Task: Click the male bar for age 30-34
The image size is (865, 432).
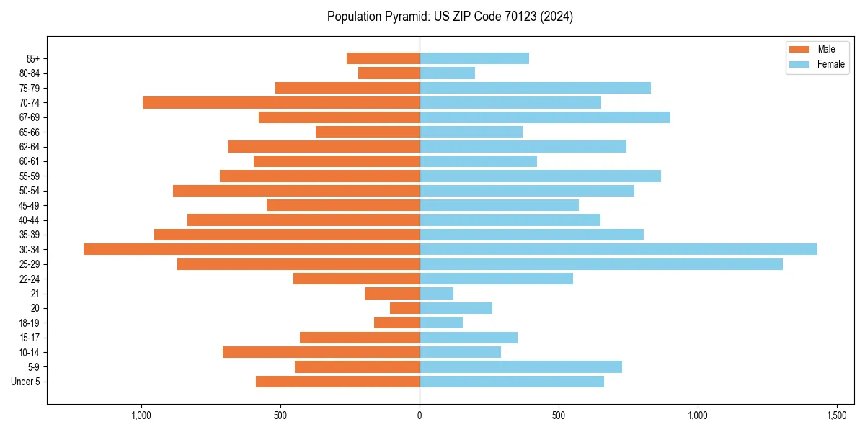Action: pyautogui.click(x=252, y=249)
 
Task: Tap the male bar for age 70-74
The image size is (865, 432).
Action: pyautogui.click(x=281, y=102)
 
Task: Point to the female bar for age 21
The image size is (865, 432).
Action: pyautogui.click(x=436, y=293)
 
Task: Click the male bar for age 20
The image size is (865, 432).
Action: pyautogui.click(x=404, y=308)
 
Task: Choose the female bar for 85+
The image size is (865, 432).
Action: pyautogui.click(x=474, y=58)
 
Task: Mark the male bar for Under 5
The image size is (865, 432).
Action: pyautogui.click(x=337, y=382)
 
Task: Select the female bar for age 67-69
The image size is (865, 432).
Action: pyautogui.click(x=545, y=117)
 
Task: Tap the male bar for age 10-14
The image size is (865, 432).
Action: pyautogui.click(x=321, y=352)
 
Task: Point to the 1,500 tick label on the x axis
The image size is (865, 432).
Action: pyautogui.click(x=836, y=415)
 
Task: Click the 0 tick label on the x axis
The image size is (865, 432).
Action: pyautogui.click(x=420, y=415)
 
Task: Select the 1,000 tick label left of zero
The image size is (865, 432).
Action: pyautogui.click(x=141, y=415)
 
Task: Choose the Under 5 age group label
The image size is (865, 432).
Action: pyautogui.click(x=25, y=382)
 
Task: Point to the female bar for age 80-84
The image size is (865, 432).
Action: pyautogui.click(x=447, y=73)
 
